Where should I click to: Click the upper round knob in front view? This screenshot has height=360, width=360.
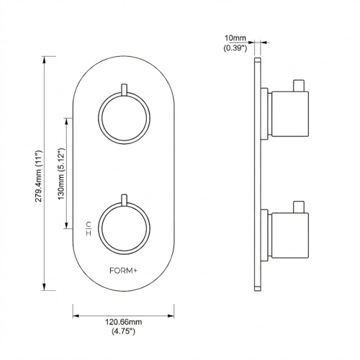[124, 117]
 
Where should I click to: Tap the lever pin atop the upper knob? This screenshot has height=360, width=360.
[124, 91]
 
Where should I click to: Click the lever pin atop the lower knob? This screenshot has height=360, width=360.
[124, 199]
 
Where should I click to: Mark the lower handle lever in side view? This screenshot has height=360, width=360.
[297, 207]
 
